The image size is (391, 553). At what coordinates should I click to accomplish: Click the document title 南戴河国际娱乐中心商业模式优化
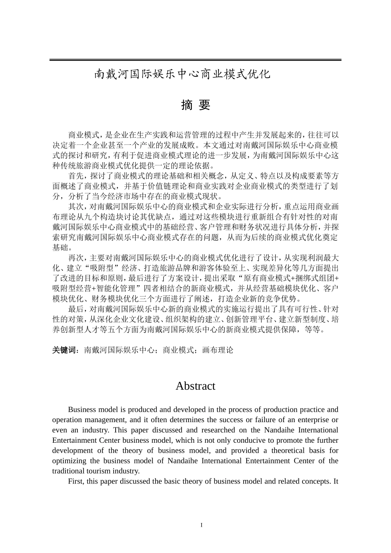183,74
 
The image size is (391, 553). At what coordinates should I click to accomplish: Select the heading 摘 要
195,105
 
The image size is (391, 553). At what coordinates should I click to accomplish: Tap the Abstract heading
195,386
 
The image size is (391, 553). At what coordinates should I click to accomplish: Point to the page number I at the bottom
201,525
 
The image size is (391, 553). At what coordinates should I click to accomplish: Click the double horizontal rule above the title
195,60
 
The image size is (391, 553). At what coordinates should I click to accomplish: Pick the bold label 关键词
65,350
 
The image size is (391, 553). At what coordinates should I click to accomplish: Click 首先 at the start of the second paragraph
76,176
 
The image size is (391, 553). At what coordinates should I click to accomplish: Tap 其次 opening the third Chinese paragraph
76,207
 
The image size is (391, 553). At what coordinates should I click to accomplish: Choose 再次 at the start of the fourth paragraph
76,258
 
